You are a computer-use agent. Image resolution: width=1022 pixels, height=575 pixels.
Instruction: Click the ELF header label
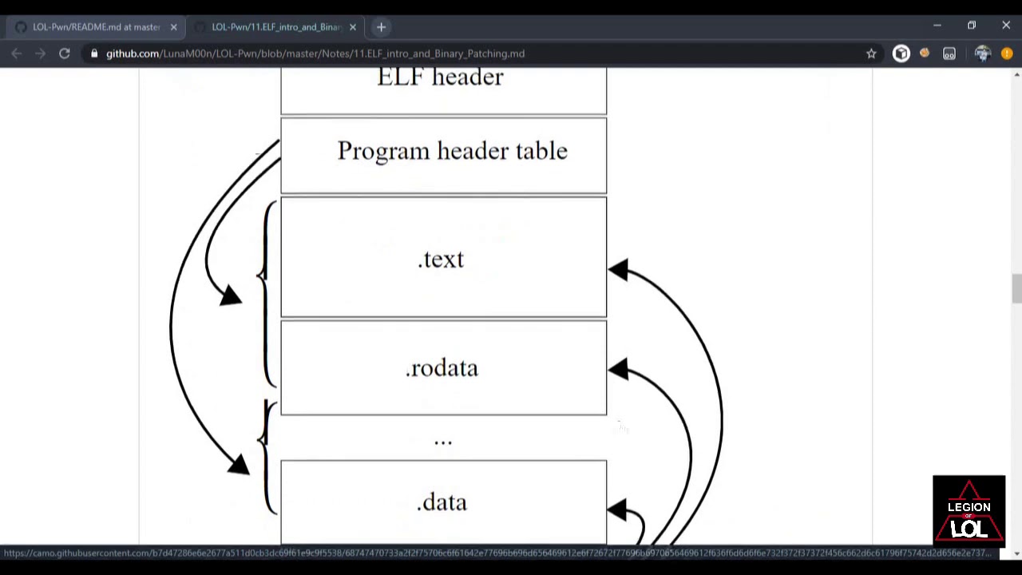[440, 77]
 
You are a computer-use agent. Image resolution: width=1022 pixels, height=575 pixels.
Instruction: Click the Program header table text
[452, 151]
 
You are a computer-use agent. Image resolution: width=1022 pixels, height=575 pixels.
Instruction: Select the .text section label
[441, 260]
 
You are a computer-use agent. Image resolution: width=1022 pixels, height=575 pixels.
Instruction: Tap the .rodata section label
[442, 368]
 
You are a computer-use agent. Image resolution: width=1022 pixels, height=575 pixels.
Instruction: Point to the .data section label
[442, 502]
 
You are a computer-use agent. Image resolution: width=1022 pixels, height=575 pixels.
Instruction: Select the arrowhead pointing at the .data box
[618, 509]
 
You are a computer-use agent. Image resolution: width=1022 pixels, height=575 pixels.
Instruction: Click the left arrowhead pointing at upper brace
[230, 296]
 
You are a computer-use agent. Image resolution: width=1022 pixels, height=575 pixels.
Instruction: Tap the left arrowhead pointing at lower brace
[238, 464]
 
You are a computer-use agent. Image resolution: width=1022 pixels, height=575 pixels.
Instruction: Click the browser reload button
[65, 54]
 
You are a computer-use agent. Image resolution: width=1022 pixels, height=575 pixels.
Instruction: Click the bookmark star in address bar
[871, 54]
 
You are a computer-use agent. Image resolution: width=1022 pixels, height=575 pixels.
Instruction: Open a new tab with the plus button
[381, 27]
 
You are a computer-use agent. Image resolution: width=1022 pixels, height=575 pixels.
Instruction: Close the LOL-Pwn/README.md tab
[173, 27]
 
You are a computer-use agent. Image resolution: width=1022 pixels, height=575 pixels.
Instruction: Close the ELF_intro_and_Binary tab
[352, 27]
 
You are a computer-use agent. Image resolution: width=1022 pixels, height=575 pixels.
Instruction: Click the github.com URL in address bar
[315, 54]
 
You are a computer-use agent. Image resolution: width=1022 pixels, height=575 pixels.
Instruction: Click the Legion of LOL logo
[969, 509]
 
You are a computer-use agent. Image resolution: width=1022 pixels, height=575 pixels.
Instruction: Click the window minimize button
[937, 26]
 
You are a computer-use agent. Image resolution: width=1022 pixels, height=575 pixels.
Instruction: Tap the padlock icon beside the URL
[94, 54]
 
